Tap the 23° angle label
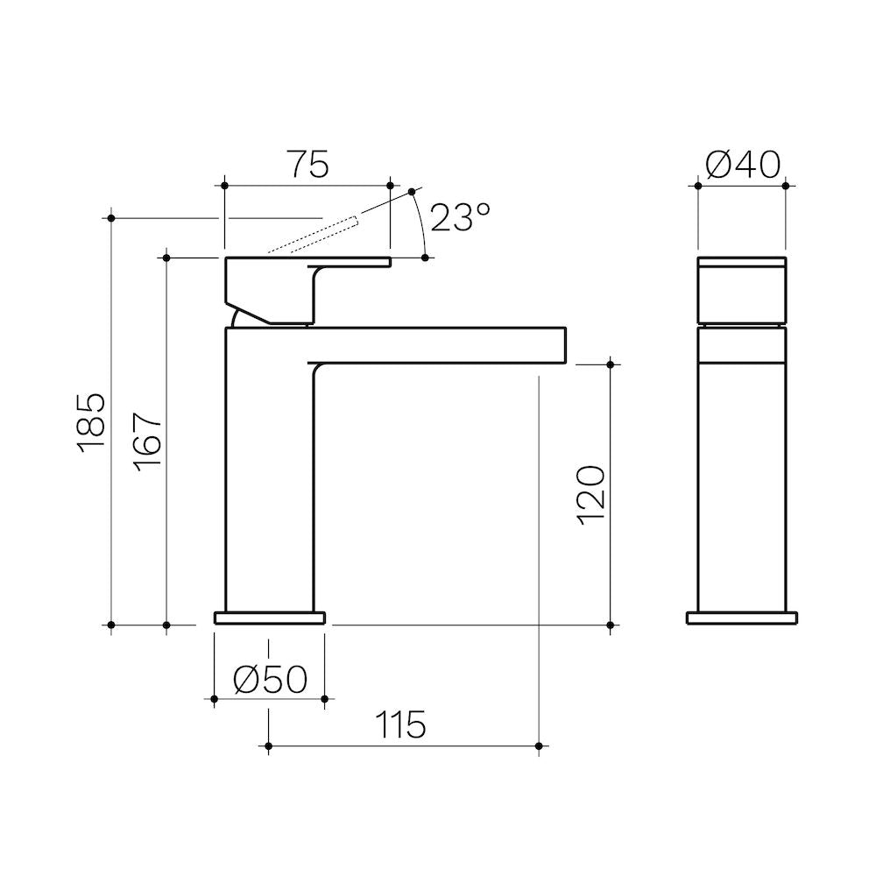461,216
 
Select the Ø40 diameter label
743,165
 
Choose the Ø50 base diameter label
271,680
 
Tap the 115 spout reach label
400,724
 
